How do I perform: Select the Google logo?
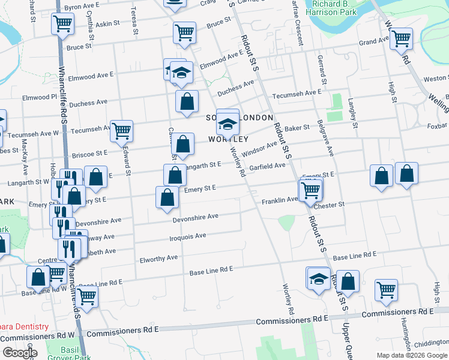tap(20, 353)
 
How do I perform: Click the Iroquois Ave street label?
tap(189, 237)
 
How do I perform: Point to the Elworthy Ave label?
tap(158, 258)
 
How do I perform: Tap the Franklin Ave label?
tap(279, 200)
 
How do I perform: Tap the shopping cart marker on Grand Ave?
tap(400, 39)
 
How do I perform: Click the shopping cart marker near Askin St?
tap(62, 25)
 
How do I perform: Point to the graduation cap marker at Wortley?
tap(228, 123)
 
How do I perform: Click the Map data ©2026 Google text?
tap(412, 355)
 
